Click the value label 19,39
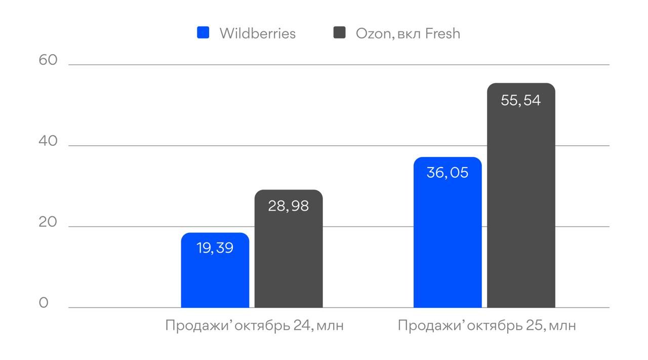pyautogui.click(x=215, y=248)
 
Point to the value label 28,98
pyautogui.click(x=288, y=206)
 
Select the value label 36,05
pyautogui.click(x=448, y=173)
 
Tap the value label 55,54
pyautogui.click(x=520, y=100)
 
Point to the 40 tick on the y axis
pyautogui.click(x=48, y=141)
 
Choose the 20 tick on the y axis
pyautogui.click(x=48, y=222)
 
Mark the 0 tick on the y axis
pyautogui.click(x=44, y=303)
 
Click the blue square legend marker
pyautogui.click(x=203, y=33)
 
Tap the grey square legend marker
pyautogui.click(x=339, y=33)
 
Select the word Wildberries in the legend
pyautogui.click(x=257, y=33)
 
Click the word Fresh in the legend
pyautogui.click(x=442, y=33)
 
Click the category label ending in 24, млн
pyautogui.click(x=255, y=325)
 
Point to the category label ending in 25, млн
pyautogui.click(x=487, y=325)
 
